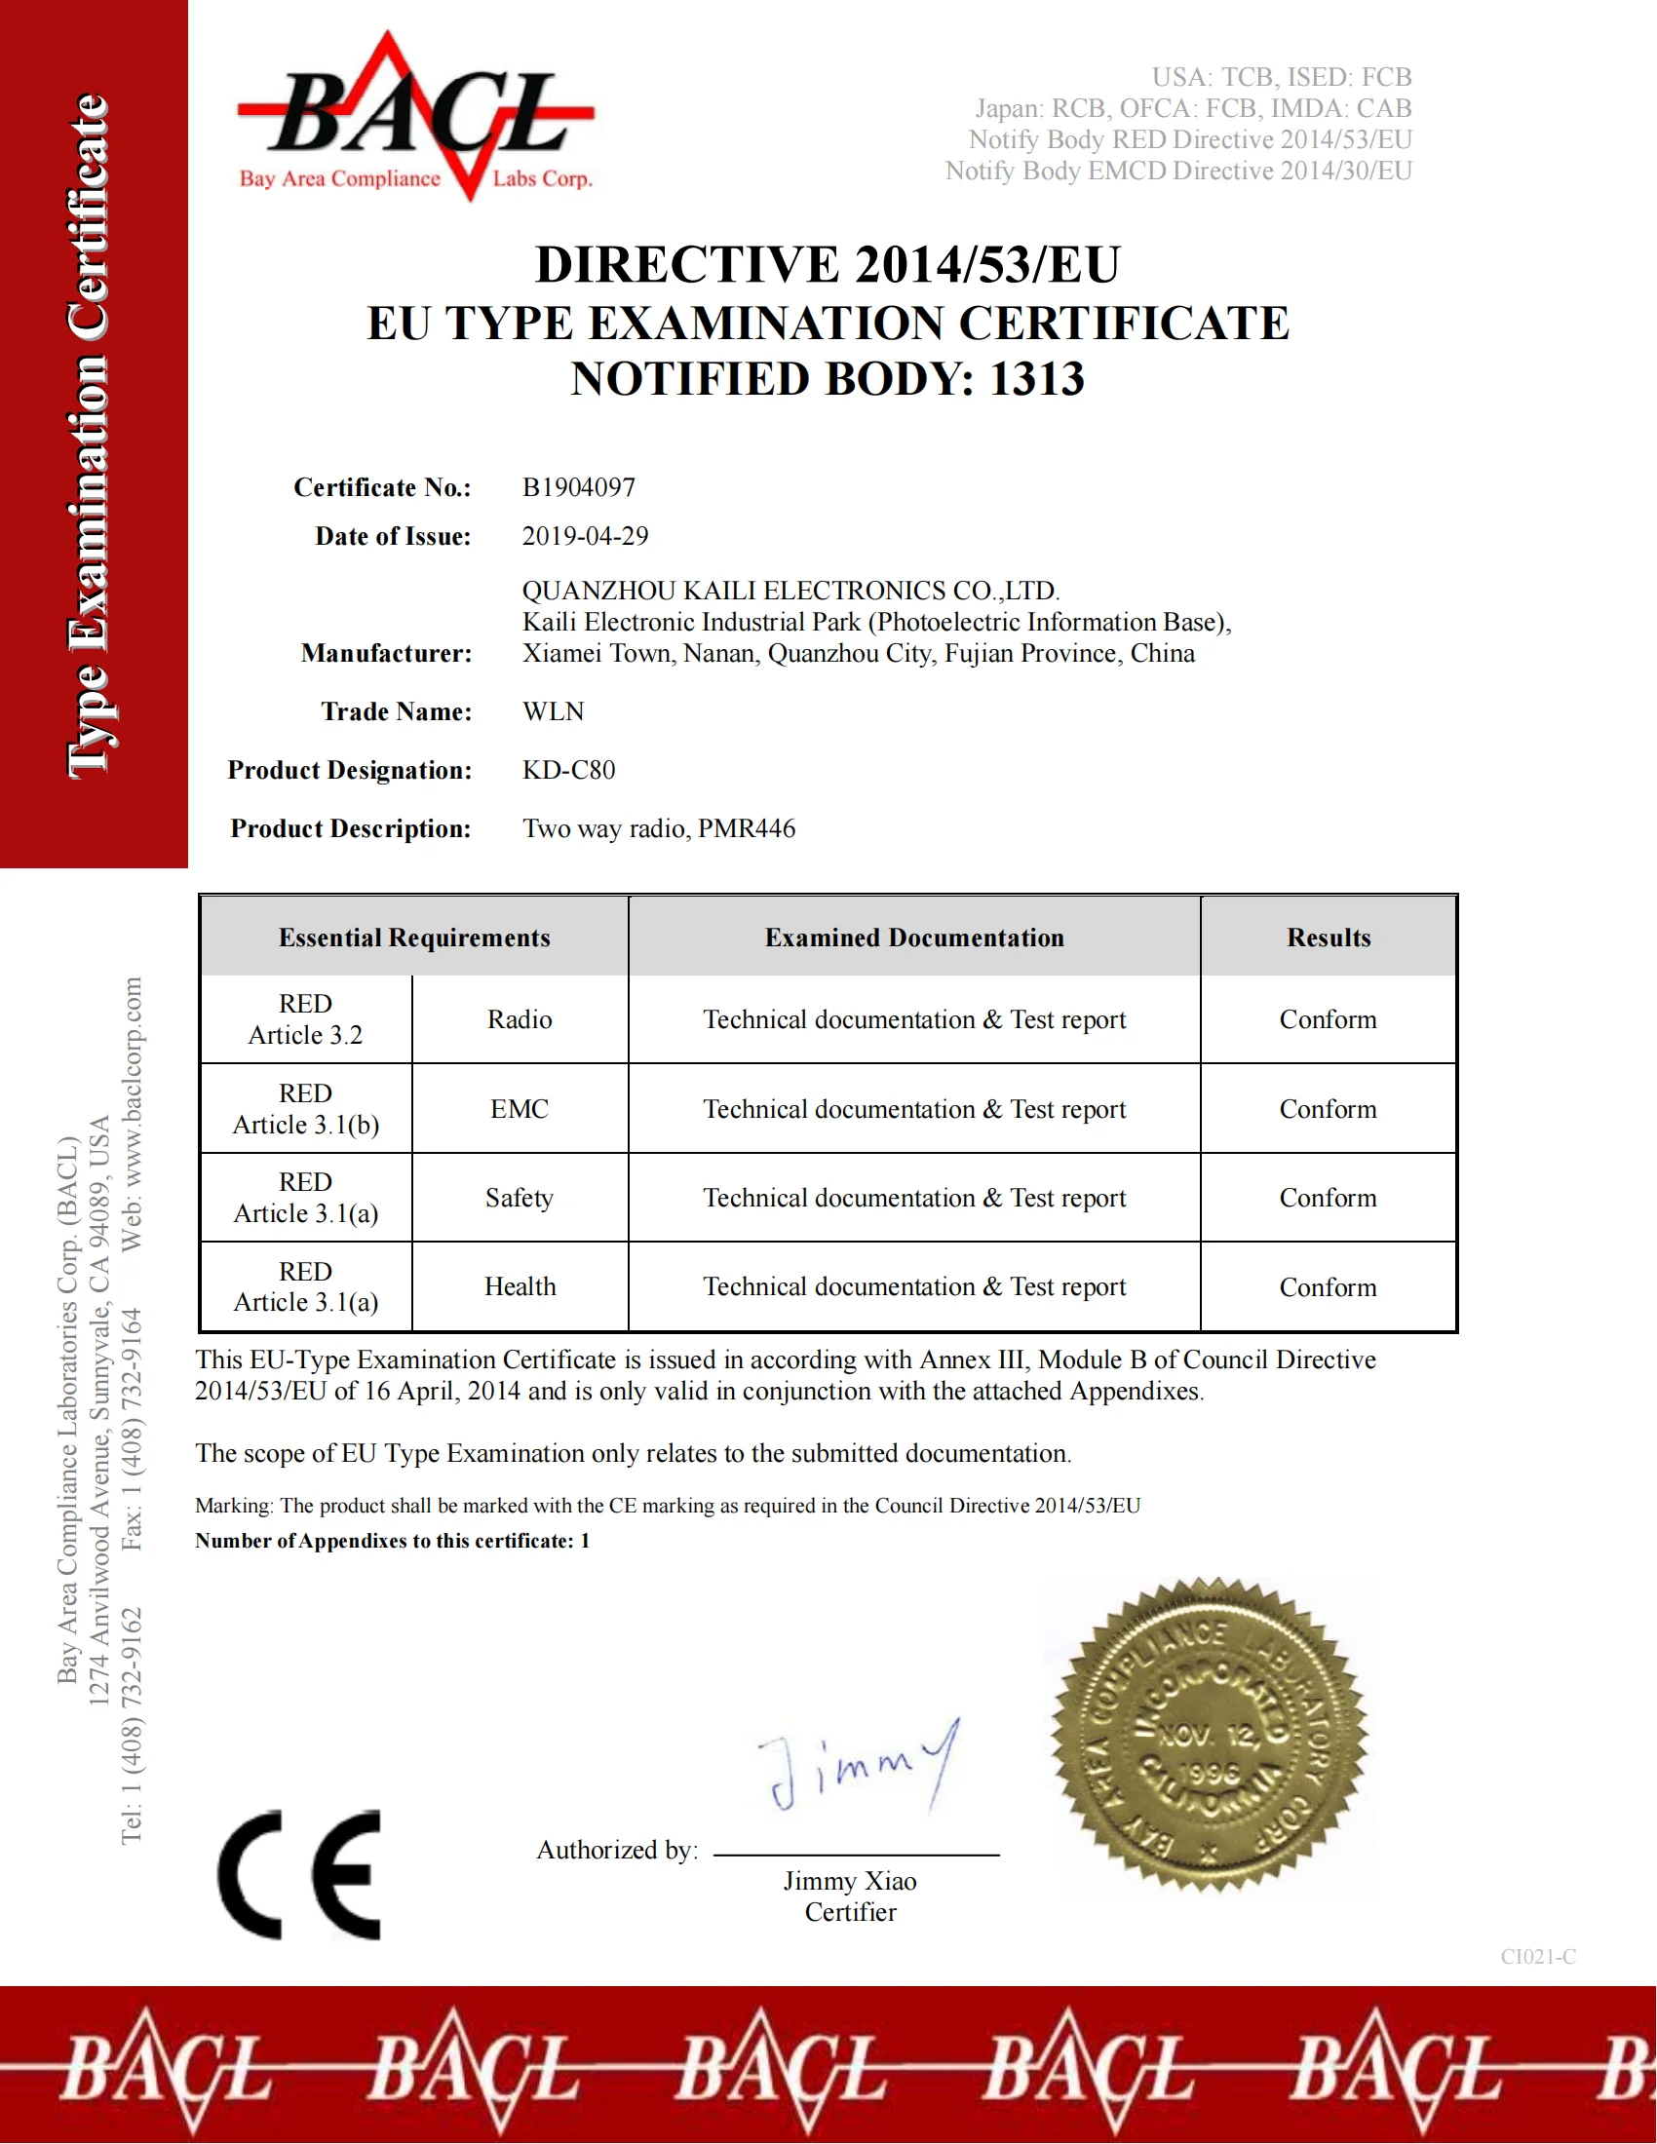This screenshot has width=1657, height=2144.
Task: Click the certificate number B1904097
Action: click(578, 487)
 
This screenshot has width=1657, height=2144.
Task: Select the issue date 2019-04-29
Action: click(585, 536)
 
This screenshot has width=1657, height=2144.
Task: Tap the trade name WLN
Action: click(553, 711)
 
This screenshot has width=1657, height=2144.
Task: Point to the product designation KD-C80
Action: click(568, 770)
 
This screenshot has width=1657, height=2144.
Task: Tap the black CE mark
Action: click(299, 1875)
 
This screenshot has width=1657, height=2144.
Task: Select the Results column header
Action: click(1329, 938)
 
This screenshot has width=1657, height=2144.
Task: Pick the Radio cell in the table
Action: click(520, 1020)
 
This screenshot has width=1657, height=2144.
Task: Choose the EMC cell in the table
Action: click(520, 1109)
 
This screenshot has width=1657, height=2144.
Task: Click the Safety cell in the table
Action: click(520, 1198)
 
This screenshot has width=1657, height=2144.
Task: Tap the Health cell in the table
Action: click(520, 1287)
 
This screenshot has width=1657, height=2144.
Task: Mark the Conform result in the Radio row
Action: click(1328, 1020)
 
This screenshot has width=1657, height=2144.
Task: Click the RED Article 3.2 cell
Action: click(305, 1020)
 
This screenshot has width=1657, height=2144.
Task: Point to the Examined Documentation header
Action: click(914, 938)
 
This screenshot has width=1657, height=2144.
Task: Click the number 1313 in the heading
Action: click(1037, 379)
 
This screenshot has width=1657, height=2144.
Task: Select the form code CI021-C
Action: click(1537, 1957)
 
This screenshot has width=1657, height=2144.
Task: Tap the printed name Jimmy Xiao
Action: click(850, 1881)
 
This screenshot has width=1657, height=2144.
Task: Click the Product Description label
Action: click(351, 828)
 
